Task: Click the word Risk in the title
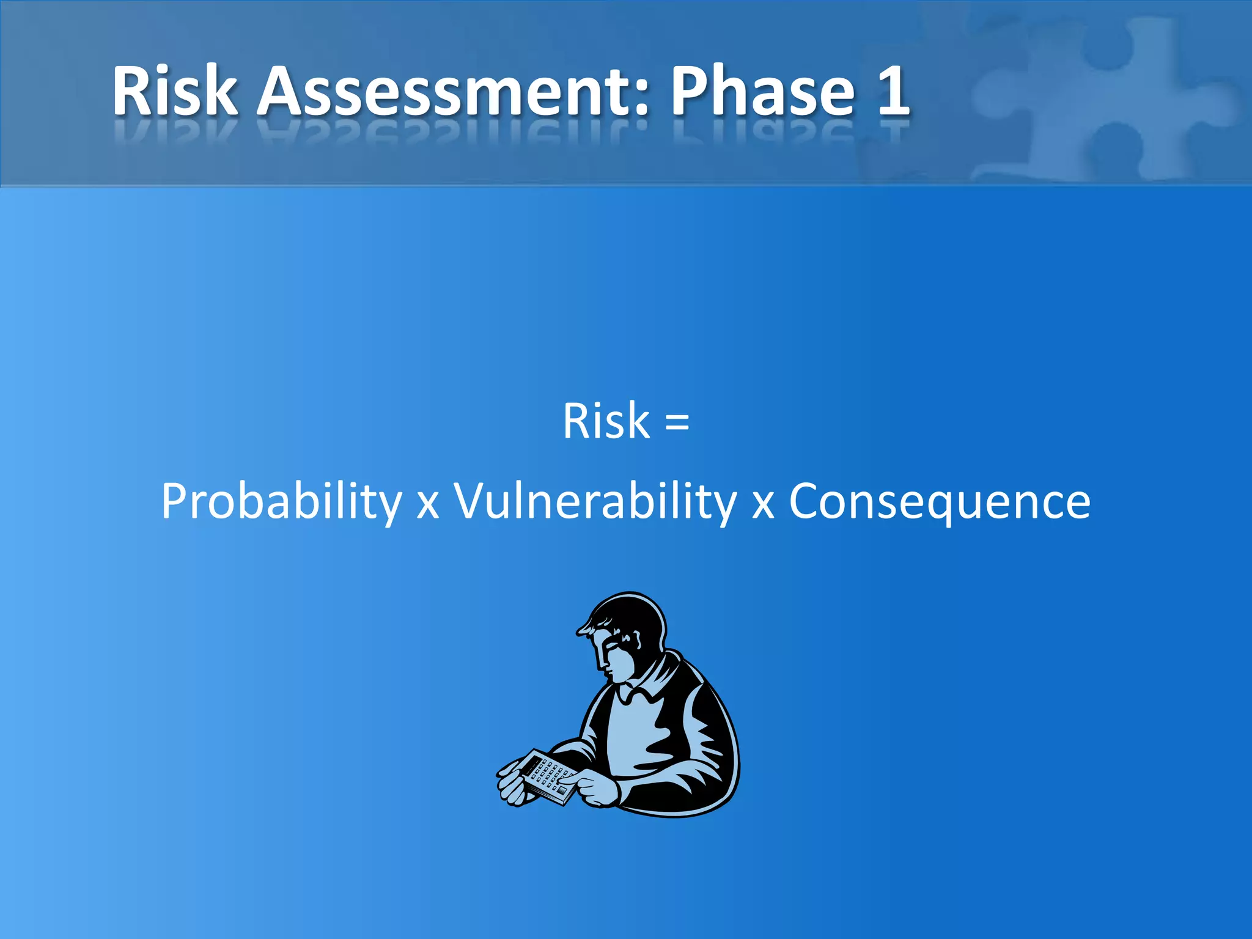pos(174,92)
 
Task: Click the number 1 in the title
pos(892,92)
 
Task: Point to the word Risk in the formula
pos(605,421)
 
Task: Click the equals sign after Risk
pos(677,422)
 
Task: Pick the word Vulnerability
pos(595,501)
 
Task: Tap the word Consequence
pos(940,501)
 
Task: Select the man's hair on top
pos(630,611)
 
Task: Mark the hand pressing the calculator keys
pos(590,789)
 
